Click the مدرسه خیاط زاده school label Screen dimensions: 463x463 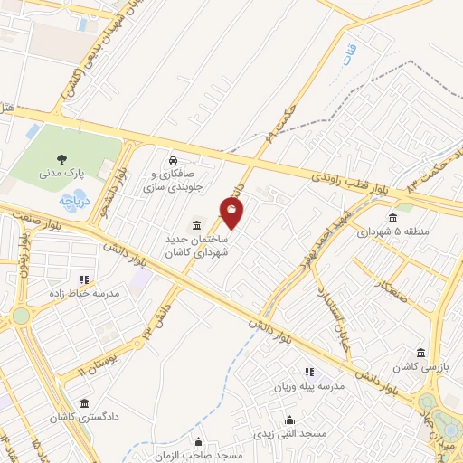(x=84, y=293)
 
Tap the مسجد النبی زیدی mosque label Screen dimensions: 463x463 (x=289, y=434)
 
